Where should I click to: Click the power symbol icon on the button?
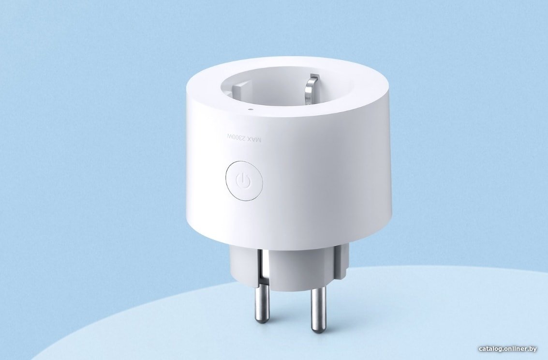point(244,180)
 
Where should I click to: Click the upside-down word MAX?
point(254,139)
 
